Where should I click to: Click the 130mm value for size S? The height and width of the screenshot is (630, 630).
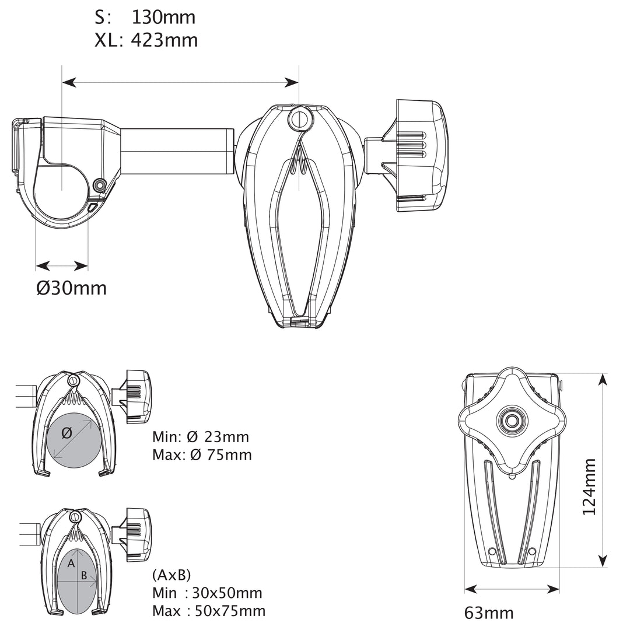click(163, 17)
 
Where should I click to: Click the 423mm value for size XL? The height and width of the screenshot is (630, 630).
click(164, 40)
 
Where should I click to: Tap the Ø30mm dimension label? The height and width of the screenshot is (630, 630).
click(71, 288)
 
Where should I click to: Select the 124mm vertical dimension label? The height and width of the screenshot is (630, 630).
click(590, 487)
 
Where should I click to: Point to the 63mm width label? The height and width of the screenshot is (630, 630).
click(489, 613)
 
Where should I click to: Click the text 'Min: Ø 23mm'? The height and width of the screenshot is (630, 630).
click(200, 437)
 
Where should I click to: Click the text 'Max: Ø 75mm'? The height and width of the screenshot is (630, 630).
click(202, 454)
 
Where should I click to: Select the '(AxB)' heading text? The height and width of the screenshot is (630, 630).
click(171, 575)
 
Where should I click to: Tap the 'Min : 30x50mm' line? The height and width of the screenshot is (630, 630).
click(206, 593)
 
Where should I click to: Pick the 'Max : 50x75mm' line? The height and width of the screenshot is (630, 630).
click(208, 611)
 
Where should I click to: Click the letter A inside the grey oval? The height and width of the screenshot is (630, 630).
click(71, 563)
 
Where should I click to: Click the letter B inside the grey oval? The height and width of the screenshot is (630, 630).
click(84, 576)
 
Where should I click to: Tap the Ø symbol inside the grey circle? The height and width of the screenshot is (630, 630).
click(66, 433)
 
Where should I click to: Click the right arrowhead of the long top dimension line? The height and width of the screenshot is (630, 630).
click(293, 83)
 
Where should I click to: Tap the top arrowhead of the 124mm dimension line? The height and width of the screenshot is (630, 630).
click(603, 379)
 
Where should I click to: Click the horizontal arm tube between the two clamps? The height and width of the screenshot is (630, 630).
click(175, 151)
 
